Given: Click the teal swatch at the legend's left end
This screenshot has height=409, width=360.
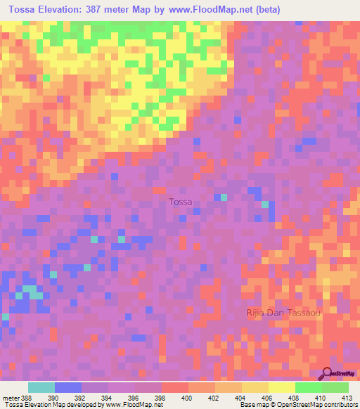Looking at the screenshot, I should pos(41,387).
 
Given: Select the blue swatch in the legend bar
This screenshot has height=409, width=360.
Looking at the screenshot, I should pos(67,387).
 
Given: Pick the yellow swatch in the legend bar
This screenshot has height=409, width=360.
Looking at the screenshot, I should pos(281,387).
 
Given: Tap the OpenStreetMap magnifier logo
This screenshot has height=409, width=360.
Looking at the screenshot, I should pos(327,372).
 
